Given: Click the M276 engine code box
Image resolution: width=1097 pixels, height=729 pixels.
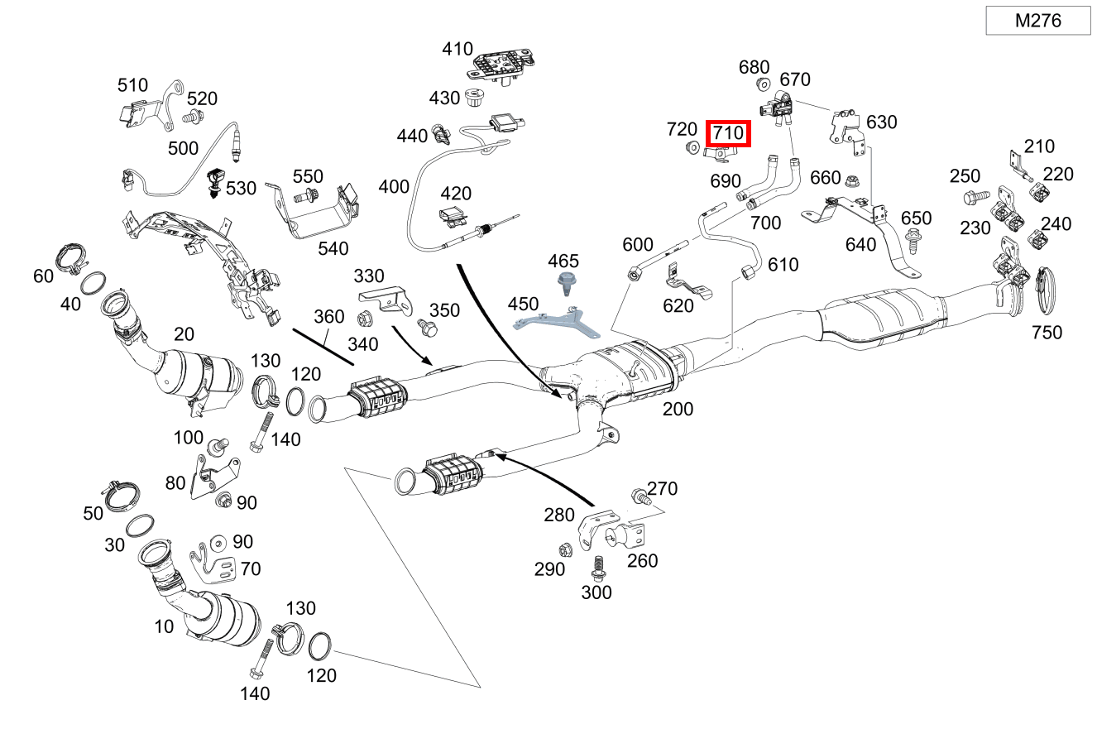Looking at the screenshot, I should (x=1037, y=21).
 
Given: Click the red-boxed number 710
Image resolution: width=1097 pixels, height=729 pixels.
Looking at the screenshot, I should (x=728, y=132).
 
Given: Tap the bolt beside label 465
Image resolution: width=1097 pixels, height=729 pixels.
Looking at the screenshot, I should (x=567, y=284).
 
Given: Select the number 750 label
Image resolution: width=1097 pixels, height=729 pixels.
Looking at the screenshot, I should (x=1047, y=333).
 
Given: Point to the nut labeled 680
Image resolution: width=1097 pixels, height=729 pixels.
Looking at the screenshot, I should (x=764, y=84).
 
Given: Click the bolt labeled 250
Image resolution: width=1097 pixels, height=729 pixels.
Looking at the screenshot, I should (x=975, y=198).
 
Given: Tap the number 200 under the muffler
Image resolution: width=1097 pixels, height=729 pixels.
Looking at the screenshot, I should (x=677, y=409).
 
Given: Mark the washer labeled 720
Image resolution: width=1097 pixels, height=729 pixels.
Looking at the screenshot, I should (x=688, y=149).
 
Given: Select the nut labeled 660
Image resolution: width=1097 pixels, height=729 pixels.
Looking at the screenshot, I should (x=854, y=178).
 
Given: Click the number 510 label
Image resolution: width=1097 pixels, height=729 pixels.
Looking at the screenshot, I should (x=132, y=85).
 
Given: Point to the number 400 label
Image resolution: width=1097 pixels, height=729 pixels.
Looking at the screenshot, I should (x=394, y=186).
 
